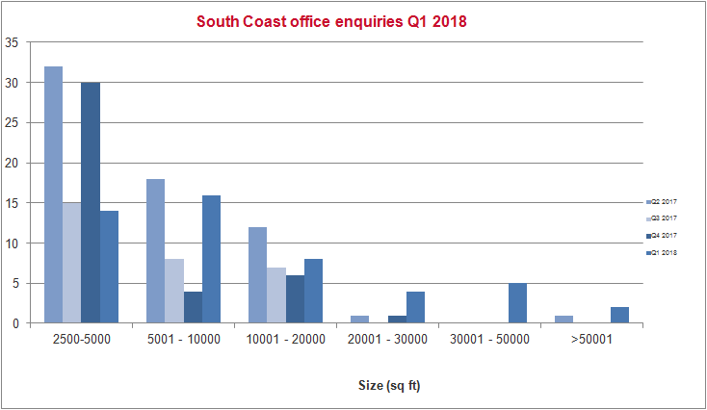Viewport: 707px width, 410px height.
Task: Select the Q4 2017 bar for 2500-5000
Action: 91,203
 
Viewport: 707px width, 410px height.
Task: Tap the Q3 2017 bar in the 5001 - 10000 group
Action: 173,291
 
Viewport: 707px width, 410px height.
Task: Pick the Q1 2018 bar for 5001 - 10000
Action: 211,259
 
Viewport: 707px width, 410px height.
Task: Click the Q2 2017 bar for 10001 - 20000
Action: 257,275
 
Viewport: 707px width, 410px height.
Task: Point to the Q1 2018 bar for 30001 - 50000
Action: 517,303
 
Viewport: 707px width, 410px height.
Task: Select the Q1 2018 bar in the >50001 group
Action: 619,315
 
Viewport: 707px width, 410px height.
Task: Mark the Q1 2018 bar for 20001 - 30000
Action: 415,307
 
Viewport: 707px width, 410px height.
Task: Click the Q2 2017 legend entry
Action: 664,202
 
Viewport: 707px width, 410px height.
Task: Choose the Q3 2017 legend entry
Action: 664,218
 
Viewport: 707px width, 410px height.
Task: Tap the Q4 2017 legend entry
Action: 664,236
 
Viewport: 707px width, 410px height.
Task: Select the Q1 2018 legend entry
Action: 664,252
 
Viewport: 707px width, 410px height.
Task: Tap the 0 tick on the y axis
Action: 13,323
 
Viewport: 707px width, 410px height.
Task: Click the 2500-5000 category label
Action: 82,339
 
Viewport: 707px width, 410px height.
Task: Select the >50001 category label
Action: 590,339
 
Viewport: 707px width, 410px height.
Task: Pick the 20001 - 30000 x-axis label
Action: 387,339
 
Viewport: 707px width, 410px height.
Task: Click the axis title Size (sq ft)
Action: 382,386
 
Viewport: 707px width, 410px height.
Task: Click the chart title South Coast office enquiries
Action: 331,21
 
